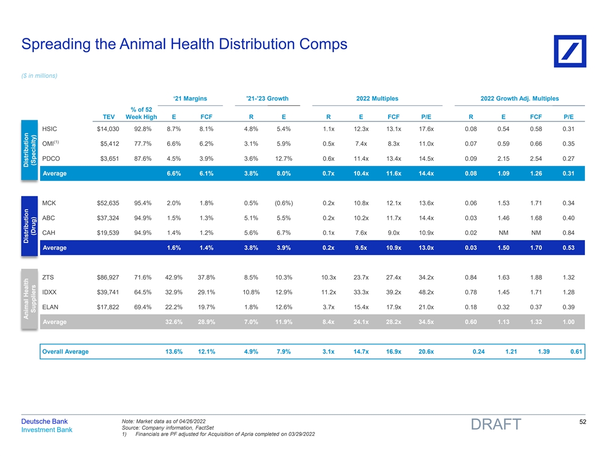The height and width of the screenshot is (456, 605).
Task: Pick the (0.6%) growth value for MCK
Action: click(x=284, y=203)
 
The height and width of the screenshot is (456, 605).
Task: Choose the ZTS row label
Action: click(x=49, y=278)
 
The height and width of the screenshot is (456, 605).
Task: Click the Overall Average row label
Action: click(x=65, y=351)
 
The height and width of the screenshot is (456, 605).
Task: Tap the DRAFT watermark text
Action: click(x=496, y=424)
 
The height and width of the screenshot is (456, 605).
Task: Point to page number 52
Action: click(x=581, y=422)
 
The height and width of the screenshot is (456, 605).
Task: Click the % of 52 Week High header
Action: click(x=141, y=113)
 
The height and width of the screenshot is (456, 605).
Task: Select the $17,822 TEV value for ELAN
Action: click(x=108, y=308)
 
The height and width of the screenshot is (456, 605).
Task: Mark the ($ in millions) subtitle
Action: click(x=39, y=76)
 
